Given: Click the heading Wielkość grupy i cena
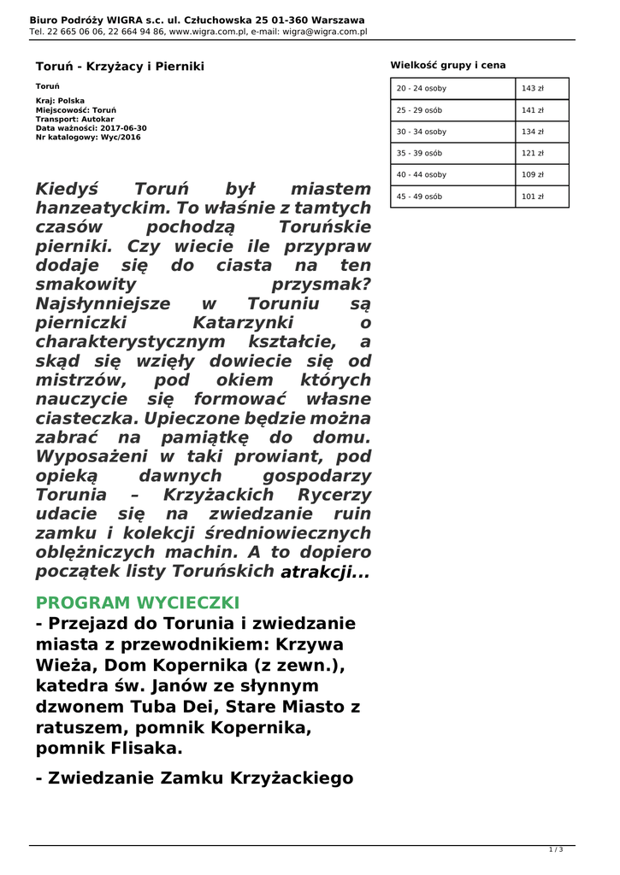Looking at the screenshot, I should pos(448,64).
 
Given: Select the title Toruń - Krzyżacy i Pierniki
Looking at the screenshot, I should pos(120,66).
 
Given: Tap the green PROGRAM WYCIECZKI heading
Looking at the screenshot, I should pos(138,602).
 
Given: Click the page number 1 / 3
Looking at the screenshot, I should pos(556,849).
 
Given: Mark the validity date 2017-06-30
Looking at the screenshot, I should pos(123,128).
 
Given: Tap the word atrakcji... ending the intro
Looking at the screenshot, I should pos(326,573).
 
